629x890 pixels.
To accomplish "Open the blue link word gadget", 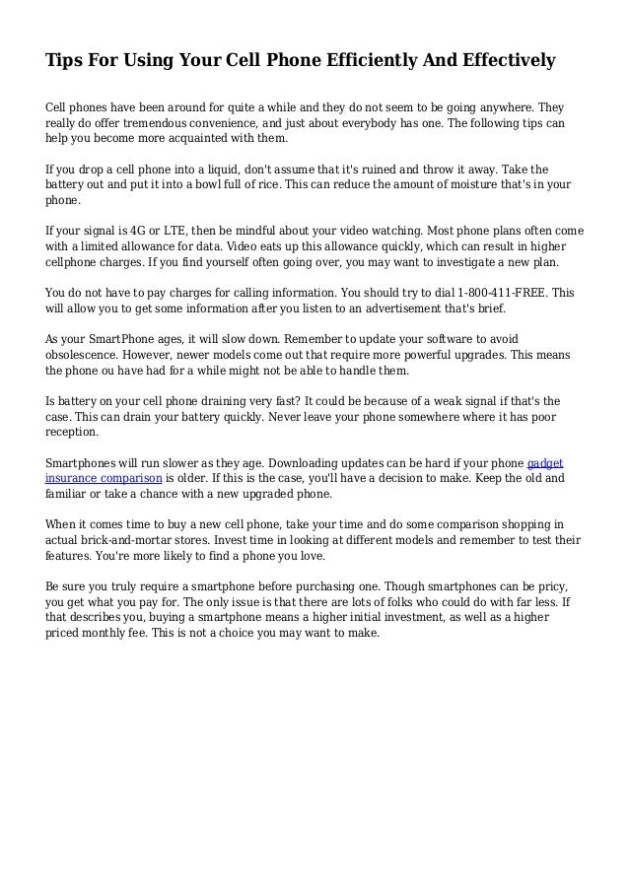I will [545, 461].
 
